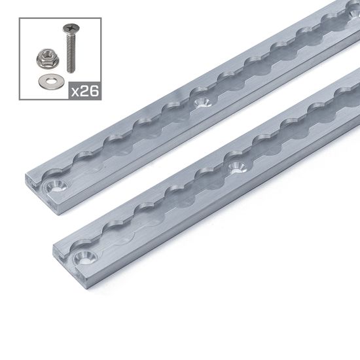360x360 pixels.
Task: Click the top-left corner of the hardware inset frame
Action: (x=21, y=18)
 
